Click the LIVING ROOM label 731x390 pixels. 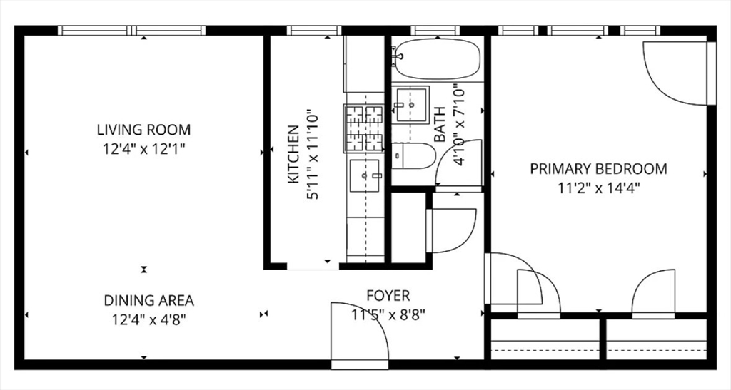point(143,129)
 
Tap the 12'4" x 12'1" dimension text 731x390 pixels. point(144,149)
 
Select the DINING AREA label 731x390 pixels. point(148,301)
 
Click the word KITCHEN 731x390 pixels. point(293,154)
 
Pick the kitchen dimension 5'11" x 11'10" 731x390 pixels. point(313,155)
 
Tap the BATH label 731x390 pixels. point(440,125)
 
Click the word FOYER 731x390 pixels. point(388,295)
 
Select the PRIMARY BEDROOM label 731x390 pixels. point(599,168)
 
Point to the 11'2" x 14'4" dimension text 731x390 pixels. point(599,188)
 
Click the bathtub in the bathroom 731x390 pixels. point(436,58)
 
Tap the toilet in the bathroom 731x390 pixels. point(413,155)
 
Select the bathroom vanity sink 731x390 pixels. point(410,106)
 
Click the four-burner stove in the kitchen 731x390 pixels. point(363,128)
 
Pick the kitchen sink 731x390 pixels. point(365,175)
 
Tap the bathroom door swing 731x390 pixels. point(459,163)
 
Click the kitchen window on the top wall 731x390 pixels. point(314,31)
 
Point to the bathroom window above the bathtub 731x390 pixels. point(435,31)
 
